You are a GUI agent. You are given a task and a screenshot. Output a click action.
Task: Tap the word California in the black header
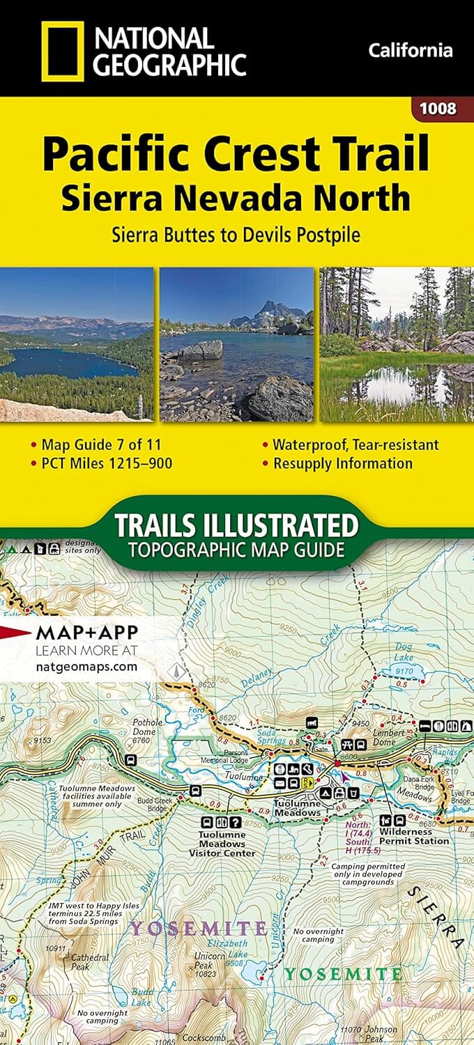tap(410, 50)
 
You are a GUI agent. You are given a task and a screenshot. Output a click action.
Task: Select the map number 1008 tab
tap(438, 109)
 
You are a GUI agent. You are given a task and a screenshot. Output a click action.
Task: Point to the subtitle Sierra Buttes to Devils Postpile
tap(236, 234)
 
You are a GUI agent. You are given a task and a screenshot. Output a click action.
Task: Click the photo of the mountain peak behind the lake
tap(236, 344)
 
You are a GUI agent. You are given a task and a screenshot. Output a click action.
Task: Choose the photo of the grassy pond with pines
tap(397, 344)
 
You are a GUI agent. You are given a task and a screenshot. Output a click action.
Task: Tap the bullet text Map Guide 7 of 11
tap(102, 444)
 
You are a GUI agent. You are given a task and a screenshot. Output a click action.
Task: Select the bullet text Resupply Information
tap(342, 463)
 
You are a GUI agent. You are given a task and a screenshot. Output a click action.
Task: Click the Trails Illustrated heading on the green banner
tap(236, 525)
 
